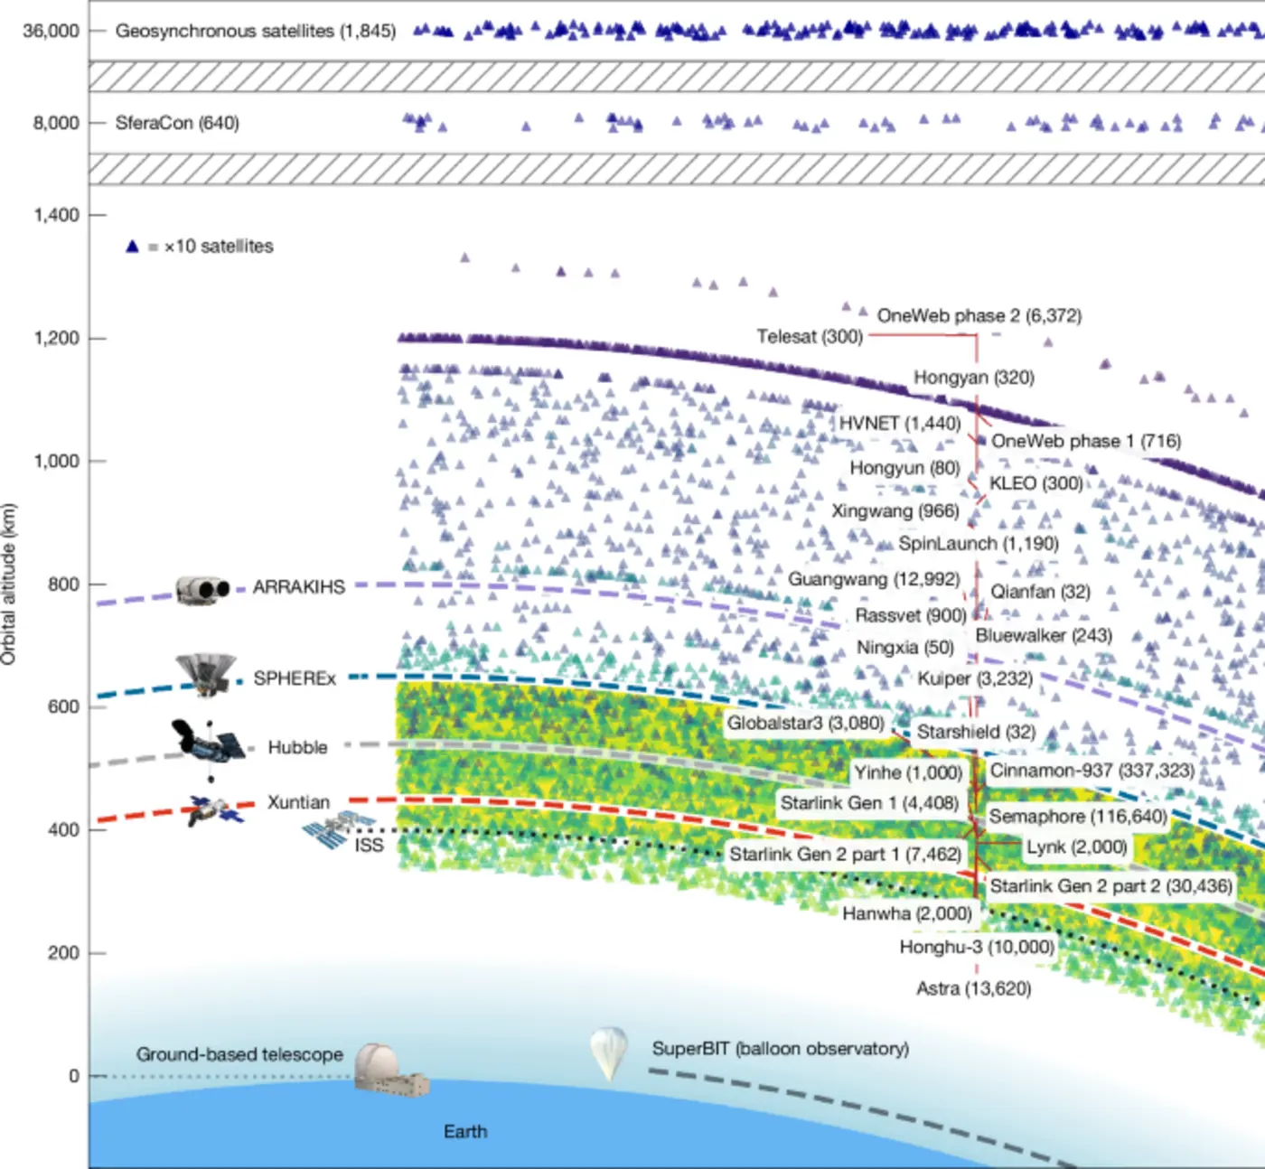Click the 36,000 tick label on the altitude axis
pyautogui.click(x=52, y=31)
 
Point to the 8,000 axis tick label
pyautogui.click(x=56, y=123)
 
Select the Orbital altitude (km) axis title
pyautogui.click(x=9, y=584)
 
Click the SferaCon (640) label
pyautogui.click(x=177, y=123)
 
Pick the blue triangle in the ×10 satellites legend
pyautogui.click(x=132, y=246)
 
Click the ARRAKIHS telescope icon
pyautogui.click(x=202, y=590)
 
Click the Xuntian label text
pyautogui.click(x=298, y=802)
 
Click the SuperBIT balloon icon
pyautogui.click(x=608, y=1051)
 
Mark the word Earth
pyautogui.click(x=465, y=1131)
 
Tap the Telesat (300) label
pyautogui.click(x=810, y=336)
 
